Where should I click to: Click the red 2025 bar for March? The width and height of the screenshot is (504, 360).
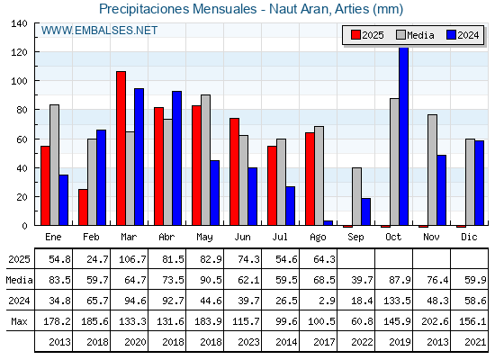(121, 148)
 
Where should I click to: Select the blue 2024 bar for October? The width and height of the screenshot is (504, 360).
(404, 136)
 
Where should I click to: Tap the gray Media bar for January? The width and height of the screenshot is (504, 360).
(54, 165)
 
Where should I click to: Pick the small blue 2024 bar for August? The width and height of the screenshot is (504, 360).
(328, 223)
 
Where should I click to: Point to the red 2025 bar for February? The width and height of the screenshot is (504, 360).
(83, 207)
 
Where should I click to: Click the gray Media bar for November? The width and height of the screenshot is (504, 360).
(432, 170)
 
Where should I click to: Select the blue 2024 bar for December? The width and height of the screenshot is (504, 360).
(479, 183)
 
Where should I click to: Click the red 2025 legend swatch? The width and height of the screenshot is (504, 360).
(355, 35)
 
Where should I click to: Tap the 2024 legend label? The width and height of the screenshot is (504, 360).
(468, 35)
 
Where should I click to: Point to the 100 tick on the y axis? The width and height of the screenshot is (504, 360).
(19, 81)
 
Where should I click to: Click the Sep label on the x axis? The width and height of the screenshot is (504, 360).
(355, 237)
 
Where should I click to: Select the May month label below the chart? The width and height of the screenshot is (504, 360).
(205, 238)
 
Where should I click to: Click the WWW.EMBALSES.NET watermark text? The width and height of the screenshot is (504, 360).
(99, 31)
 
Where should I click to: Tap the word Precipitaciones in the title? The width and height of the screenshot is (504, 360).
(146, 9)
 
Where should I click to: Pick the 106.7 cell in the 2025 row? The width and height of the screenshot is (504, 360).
(132, 259)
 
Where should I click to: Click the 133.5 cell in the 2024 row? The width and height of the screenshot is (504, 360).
(397, 301)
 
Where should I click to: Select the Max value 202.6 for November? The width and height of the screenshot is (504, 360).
(435, 321)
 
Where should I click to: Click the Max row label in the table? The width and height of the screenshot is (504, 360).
(19, 321)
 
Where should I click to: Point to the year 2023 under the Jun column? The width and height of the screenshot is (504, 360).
(248, 342)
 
